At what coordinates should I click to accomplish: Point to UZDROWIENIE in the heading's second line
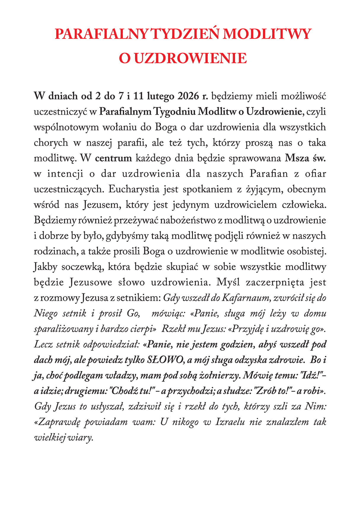[190, 58]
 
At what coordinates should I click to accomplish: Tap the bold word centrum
[113, 158]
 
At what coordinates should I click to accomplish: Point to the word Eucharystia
[135, 189]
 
